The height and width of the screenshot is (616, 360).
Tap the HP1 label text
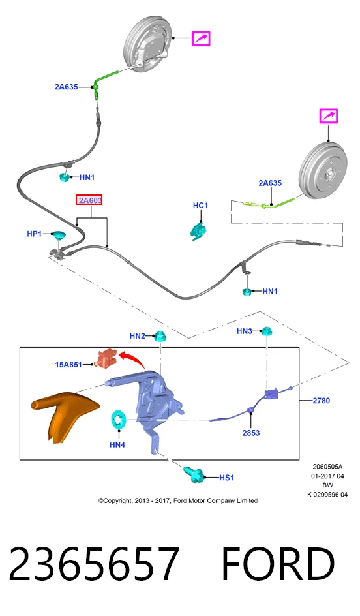pyautogui.click(x=34, y=234)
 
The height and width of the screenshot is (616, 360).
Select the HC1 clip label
pyautogui.click(x=200, y=206)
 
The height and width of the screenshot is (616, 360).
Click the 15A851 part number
pyautogui.click(x=68, y=365)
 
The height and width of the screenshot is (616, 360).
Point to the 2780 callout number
pyautogui.click(x=321, y=401)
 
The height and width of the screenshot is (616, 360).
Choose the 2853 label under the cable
pyautogui.click(x=251, y=433)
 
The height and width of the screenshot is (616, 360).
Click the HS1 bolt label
pyautogui.click(x=226, y=477)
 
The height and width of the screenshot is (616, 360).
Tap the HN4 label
pyautogui.click(x=117, y=445)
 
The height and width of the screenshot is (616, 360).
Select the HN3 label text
pyautogui.click(x=244, y=331)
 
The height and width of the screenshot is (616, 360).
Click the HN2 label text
pyautogui.click(x=138, y=336)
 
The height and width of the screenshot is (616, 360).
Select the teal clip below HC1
pyautogui.click(x=199, y=230)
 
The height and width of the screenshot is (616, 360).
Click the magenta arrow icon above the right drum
pyautogui.click(x=329, y=116)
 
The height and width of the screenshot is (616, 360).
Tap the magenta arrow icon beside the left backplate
pyautogui.click(x=201, y=38)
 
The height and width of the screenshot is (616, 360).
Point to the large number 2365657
pyautogui.click(x=94, y=564)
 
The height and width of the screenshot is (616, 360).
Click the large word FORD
pyautogui.click(x=278, y=564)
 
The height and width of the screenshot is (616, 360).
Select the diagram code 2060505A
pyautogui.click(x=327, y=467)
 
